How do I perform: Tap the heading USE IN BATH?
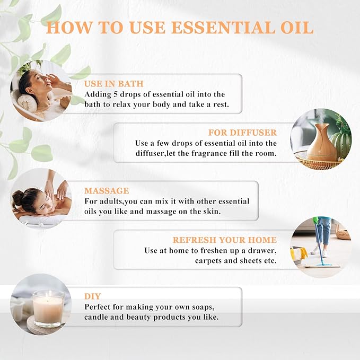coord(113,84)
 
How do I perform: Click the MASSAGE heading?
coord(107,190)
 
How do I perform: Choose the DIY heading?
coord(92,296)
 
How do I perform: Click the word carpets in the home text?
coord(210,261)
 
